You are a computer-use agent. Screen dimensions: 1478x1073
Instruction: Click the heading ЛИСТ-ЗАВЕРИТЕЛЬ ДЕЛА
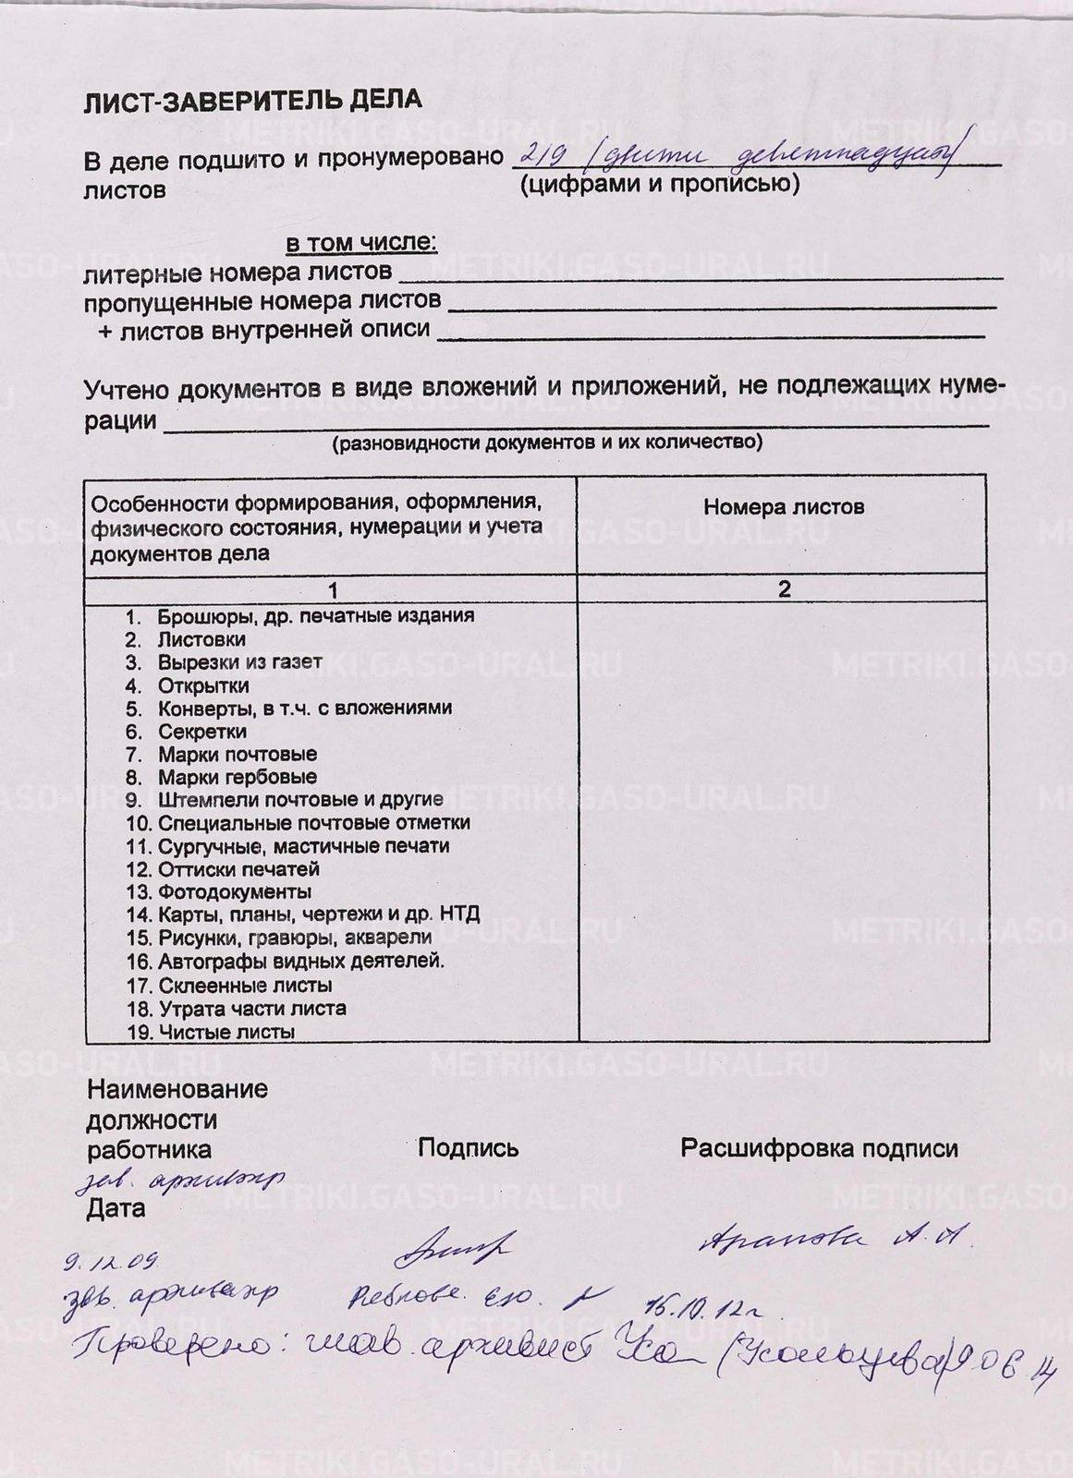[x=252, y=101]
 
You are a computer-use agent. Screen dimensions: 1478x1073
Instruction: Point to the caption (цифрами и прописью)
[x=659, y=185]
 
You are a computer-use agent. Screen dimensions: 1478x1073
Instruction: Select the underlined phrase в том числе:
[x=360, y=243]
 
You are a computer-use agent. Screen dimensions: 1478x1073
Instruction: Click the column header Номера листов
[x=784, y=506]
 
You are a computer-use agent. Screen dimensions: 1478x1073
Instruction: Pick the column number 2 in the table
[x=784, y=589]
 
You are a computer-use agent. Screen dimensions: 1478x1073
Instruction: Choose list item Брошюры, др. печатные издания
[x=315, y=615]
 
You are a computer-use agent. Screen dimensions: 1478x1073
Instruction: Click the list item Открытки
[x=203, y=685]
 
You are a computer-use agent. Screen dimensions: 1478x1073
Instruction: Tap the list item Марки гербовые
[x=237, y=777]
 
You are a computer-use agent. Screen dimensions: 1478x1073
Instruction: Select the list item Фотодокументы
[x=234, y=892]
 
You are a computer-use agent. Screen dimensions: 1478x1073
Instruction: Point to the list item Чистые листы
[x=226, y=1032]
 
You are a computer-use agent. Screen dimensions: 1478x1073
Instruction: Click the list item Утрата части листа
[x=252, y=1009]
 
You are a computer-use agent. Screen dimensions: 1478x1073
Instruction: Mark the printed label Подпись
[x=468, y=1148]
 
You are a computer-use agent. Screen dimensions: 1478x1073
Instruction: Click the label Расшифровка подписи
[x=819, y=1148]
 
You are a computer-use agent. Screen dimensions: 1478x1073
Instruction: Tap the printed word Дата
[x=116, y=1208]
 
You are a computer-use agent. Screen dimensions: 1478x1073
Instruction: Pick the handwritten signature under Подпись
[x=453, y=1249]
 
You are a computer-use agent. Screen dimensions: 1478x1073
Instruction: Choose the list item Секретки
[x=201, y=732]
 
